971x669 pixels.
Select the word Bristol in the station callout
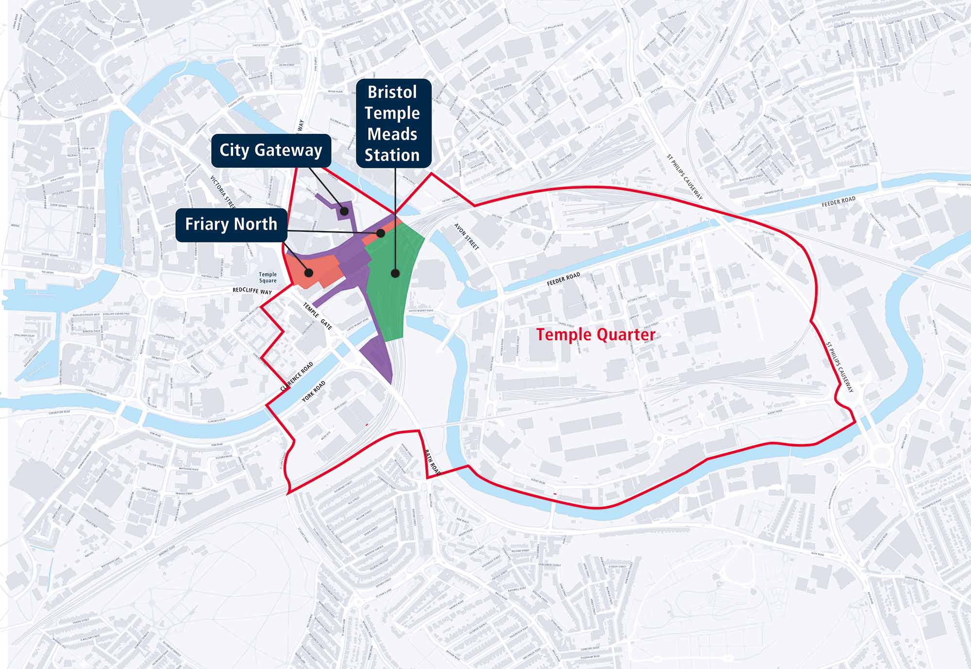(392, 92)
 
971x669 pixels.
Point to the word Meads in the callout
(392, 134)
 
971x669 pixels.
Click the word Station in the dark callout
(392, 155)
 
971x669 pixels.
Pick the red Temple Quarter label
(596, 335)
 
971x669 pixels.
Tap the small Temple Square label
(268, 277)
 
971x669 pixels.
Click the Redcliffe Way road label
(252, 291)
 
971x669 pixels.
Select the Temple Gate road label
(318, 316)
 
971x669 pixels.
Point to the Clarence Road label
(297, 377)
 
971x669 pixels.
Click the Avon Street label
(467, 237)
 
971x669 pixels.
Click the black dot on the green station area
(395, 274)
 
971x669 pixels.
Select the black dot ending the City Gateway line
(344, 211)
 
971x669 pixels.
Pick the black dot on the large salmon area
(308, 273)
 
